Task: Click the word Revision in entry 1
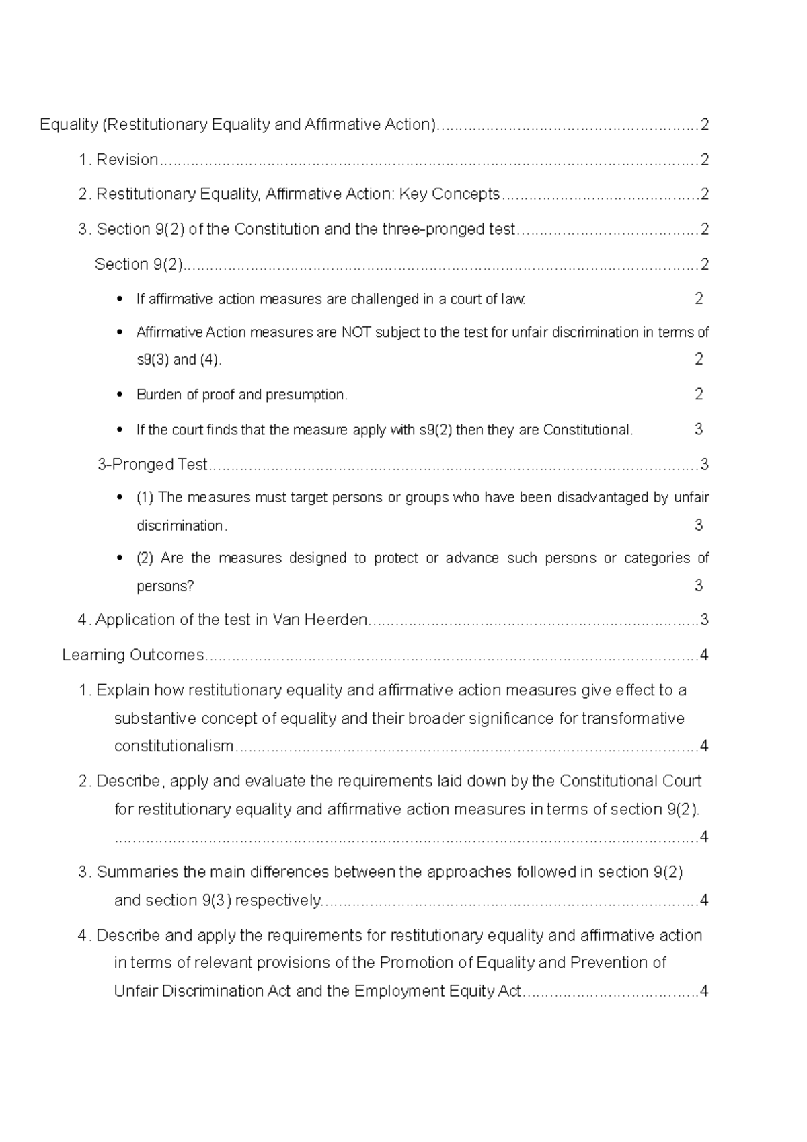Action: pos(127,160)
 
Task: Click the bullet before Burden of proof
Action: pos(120,395)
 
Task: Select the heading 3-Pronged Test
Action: pos(152,465)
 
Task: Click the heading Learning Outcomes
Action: pos(133,655)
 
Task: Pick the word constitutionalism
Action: pos(174,746)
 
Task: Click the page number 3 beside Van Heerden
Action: pos(704,620)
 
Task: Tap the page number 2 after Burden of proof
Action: pos(699,394)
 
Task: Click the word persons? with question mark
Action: pos(165,586)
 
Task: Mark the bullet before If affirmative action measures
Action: pos(120,299)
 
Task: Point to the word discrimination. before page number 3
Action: pos(182,526)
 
